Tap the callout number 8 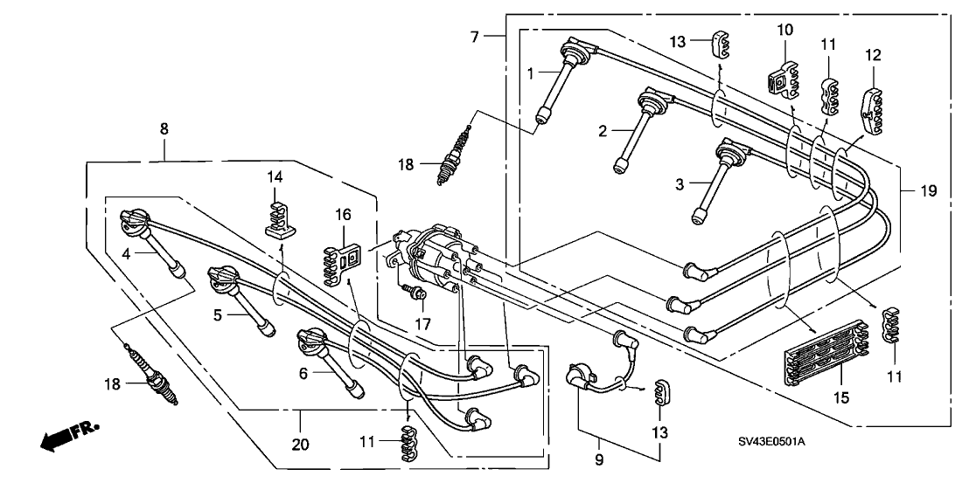pyautogui.click(x=164, y=128)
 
